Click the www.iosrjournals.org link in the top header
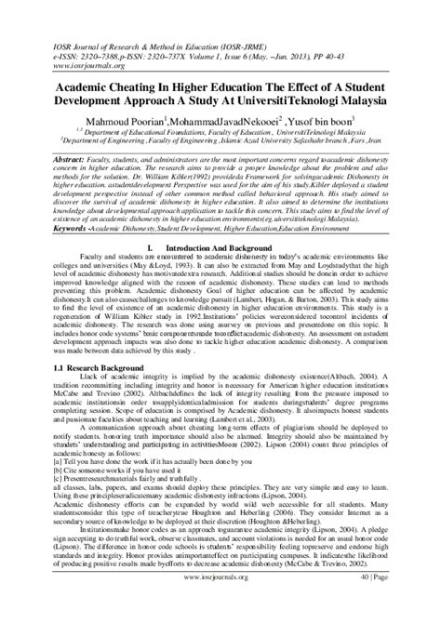(66, 39)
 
